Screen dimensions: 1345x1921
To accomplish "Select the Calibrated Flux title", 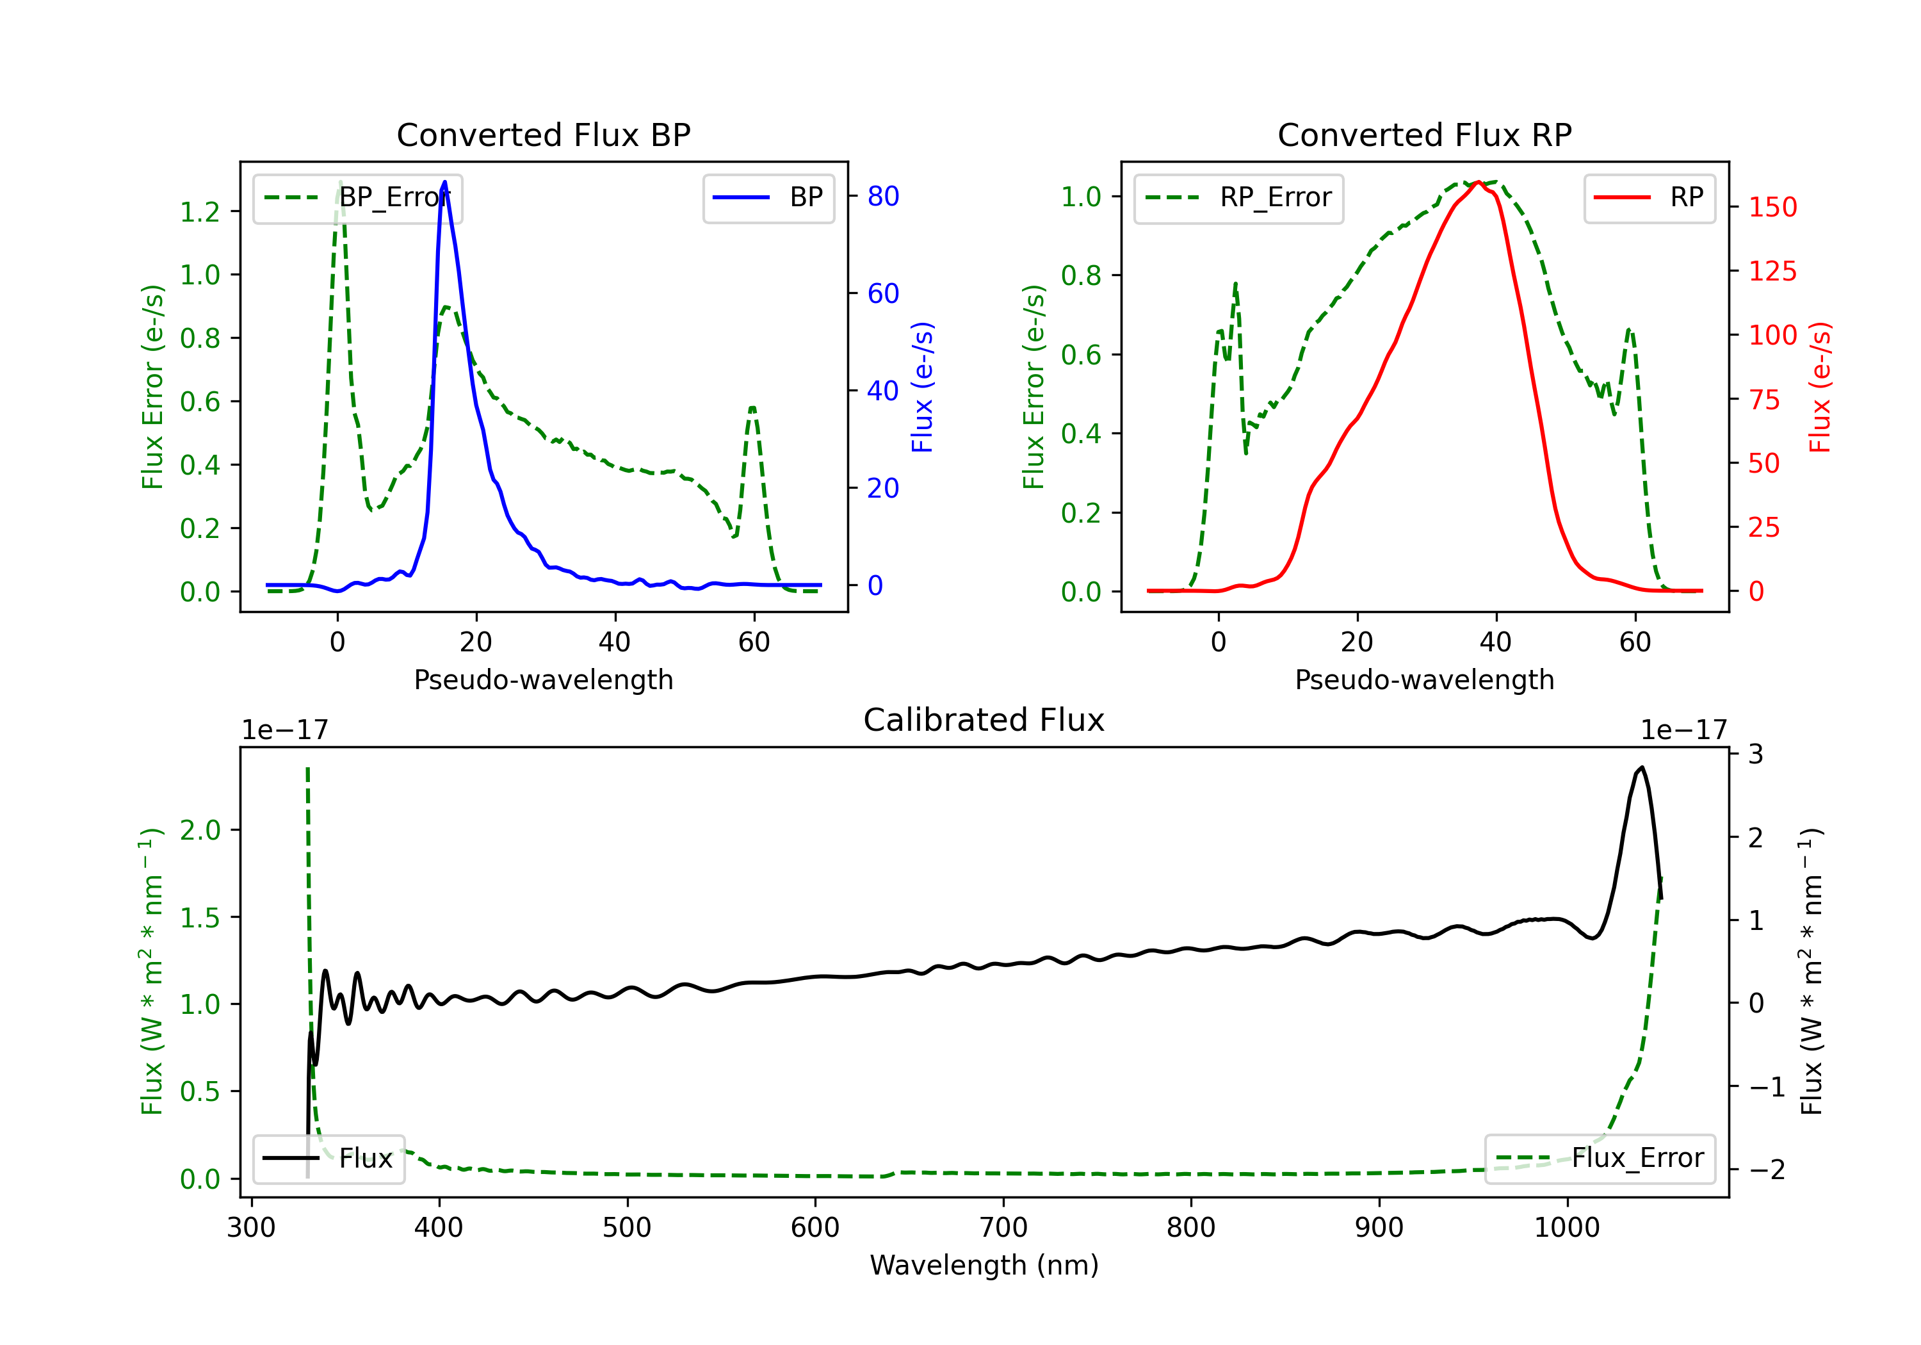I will (x=984, y=721).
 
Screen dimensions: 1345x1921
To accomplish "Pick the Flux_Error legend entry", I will (x=1600, y=1159).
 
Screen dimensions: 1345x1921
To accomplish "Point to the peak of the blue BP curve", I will (x=444, y=182).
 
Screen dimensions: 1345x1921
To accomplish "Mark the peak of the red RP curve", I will (x=1479, y=182).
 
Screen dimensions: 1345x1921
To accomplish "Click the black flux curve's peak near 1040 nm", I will (x=1642, y=767).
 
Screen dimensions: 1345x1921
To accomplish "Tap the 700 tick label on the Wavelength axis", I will (x=1003, y=1228).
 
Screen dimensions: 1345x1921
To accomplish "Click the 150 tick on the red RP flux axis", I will (x=1772, y=208).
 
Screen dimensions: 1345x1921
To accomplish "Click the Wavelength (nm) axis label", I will (x=984, y=1266).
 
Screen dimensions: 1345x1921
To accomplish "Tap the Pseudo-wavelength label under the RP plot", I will (x=1424, y=680).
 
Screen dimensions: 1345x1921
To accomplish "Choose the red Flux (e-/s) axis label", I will (x=1820, y=387).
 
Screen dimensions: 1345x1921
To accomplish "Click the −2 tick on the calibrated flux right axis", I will (x=1766, y=1170).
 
